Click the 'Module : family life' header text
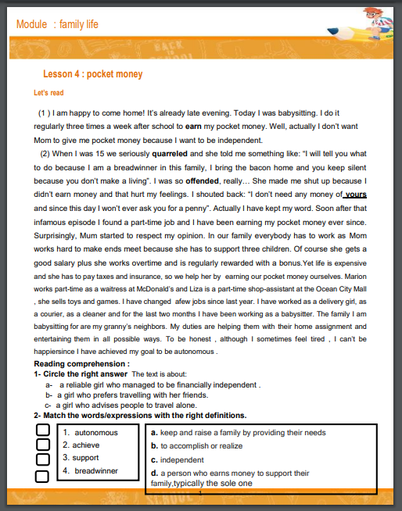[x=57, y=24]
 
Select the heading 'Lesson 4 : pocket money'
[x=92, y=74]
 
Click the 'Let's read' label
[x=48, y=93]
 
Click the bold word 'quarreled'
[x=170, y=153]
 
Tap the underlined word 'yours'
[x=355, y=195]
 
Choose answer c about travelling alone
[x=131, y=405]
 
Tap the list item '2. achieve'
[x=82, y=445]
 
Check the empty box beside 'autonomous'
[x=43, y=431]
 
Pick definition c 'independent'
[x=178, y=459]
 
